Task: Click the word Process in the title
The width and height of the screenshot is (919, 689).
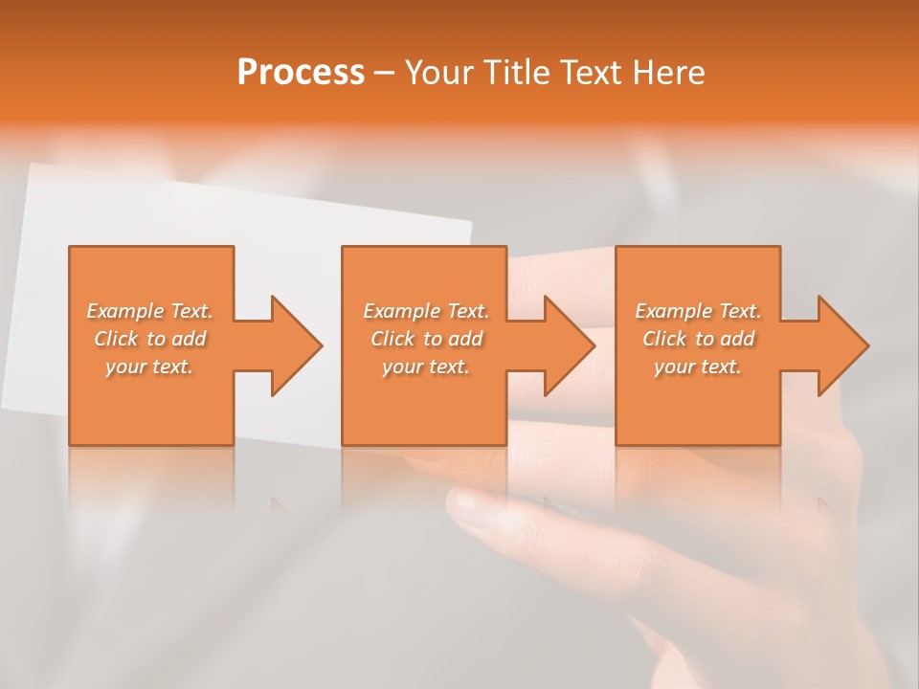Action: [301, 73]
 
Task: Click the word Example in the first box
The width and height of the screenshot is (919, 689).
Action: [124, 311]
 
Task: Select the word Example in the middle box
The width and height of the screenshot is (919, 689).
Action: [401, 311]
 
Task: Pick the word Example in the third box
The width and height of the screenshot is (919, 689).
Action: [673, 311]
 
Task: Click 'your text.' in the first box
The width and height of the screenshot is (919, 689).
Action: [149, 367]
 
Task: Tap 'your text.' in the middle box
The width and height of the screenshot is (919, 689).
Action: [425, 367]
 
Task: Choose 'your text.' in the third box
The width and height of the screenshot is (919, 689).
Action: [697, 367]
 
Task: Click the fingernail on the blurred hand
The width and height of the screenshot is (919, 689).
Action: [466, 501]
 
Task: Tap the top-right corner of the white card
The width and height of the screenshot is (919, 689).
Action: [470, 225]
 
